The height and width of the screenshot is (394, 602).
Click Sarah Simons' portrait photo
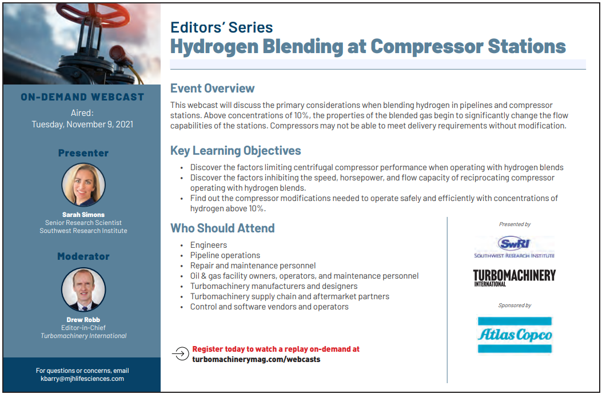tap(83, 185)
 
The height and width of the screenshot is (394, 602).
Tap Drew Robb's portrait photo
tap(83, 290)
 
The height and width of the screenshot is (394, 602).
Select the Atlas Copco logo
tap(515, 335)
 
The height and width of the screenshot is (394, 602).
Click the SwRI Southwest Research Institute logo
tap(514, 247)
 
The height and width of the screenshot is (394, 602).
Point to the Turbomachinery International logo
tap(515, 278)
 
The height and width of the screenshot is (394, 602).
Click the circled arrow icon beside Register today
tap(181, 353)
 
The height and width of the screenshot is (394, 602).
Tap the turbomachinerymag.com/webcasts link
tap(256, 360)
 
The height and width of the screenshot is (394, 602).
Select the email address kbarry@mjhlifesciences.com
tap(82, 379)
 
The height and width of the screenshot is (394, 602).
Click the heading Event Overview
tap(212, 89)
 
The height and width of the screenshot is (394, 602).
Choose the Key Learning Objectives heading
tap(236, 150)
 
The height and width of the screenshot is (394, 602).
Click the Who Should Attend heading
tap(222, 228)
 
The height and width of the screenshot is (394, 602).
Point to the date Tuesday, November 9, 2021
tap(82, 124)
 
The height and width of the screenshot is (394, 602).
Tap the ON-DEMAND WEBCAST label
tap(82, 97)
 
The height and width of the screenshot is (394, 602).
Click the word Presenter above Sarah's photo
tap(83, 153)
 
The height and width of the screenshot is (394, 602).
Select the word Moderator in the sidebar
tap(83, 256)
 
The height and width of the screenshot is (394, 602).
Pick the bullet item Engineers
tap(209, 245)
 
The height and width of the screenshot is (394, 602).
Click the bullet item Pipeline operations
tap(225, 255)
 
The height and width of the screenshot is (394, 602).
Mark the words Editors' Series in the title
tap(221, 27)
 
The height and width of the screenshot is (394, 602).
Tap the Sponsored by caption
tap(515, 305)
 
